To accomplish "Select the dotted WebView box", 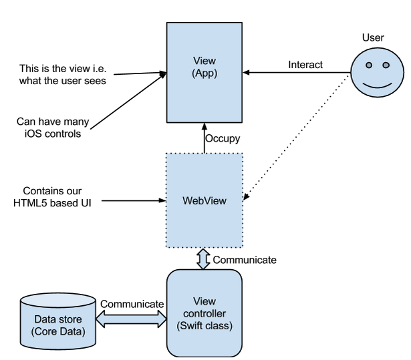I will pos(204,201).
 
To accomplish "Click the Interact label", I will pos(305,65).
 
